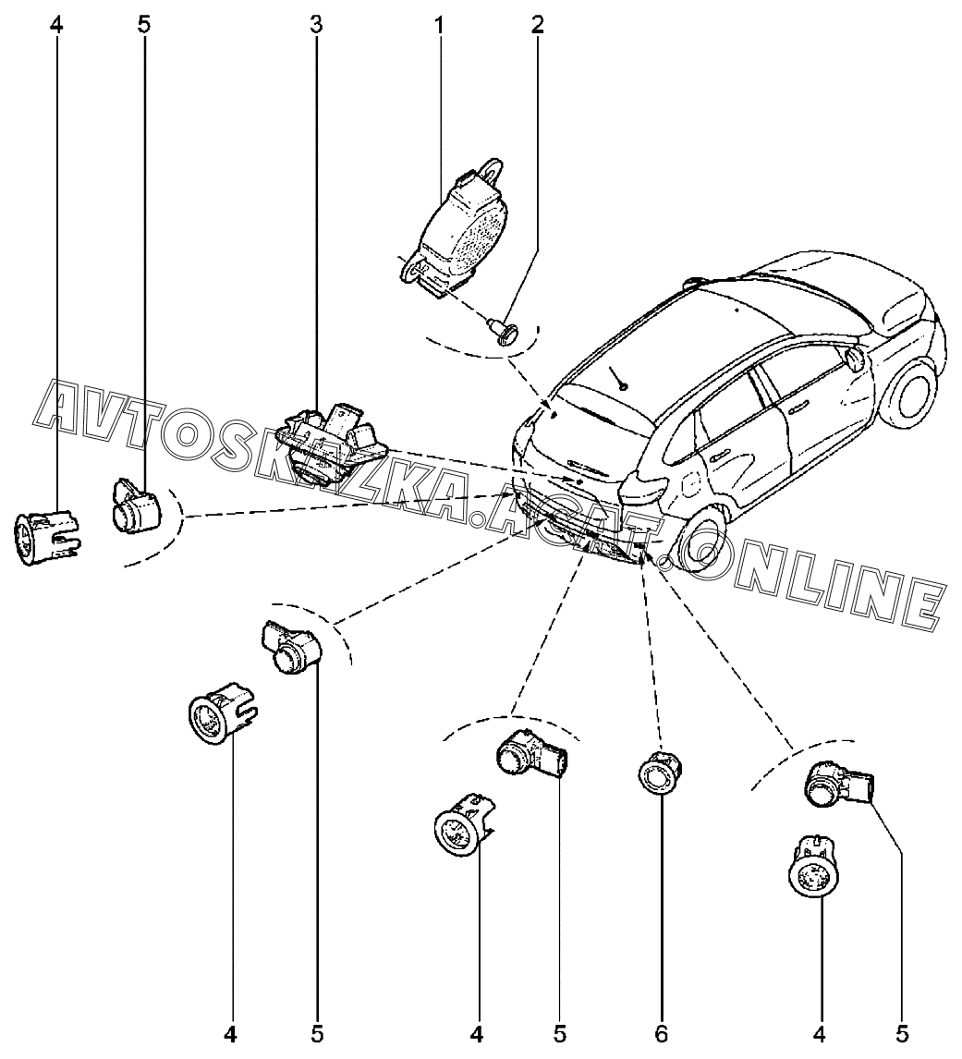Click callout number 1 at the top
pos(440,26)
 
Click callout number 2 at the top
pos(537,26)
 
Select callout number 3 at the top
pos(316,26)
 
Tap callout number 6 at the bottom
pos(661,1033)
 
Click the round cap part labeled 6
pos(659,773)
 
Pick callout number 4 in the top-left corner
pos(56,26)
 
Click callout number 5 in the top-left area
pos(144,26)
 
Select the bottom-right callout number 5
pos(903,1033)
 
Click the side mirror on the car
pos(855,359)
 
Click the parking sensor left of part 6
pos(531,754)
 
